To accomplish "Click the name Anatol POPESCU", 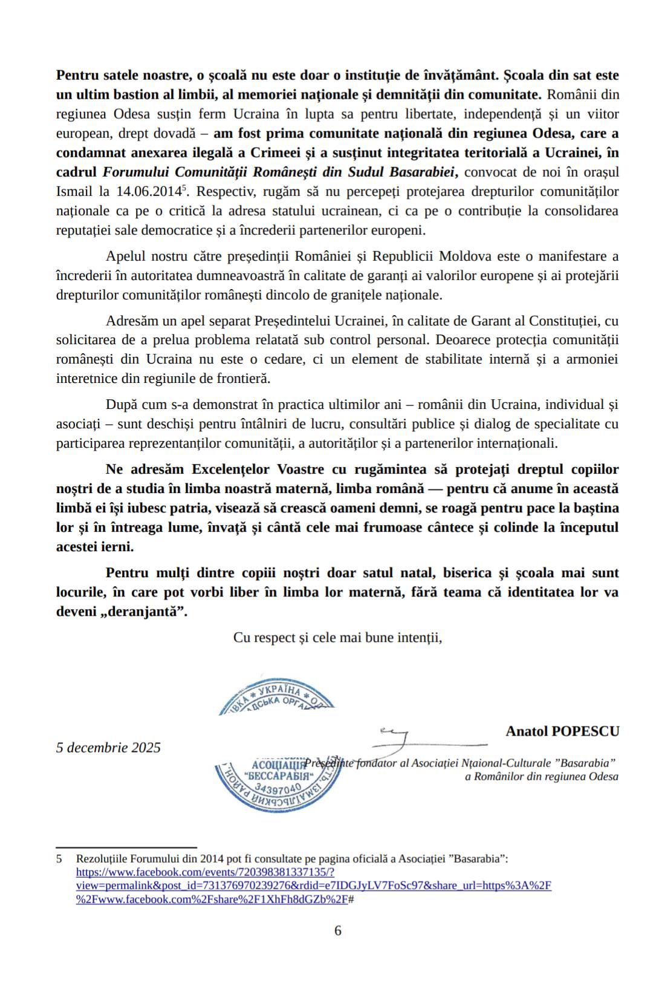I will tap(562, 731).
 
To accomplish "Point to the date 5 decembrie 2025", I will tap(108, 748).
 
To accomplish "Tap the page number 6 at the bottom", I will tap(337, 930).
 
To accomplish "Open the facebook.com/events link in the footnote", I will tap(205, 872).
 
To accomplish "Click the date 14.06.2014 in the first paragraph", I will tap(149, 192).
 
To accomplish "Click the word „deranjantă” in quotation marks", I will tap(155, 611).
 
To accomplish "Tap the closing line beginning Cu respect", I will tap(337, 638).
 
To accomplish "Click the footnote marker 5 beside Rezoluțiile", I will tap(59, 858).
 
